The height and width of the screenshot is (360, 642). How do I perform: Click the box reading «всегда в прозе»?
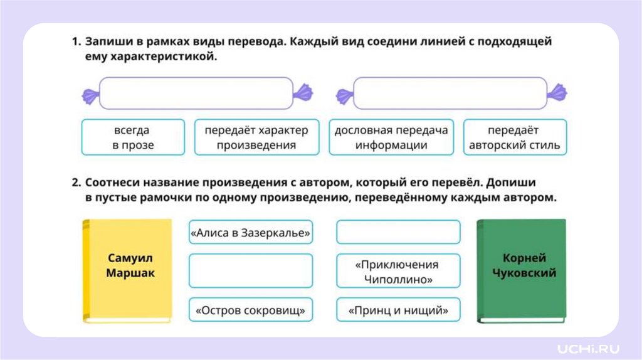pyautogui.click(x=133, y=138)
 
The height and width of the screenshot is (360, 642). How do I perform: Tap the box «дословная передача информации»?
pyautogui.click(x=391, y=138)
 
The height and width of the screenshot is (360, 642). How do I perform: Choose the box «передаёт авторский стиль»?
pyautogui.click(x=514, y=138)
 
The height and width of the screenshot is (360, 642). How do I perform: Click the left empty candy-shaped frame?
pyautogui.click(x=196, y=93)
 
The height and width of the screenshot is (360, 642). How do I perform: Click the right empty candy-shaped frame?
pyautogui.click(x=450, y=93)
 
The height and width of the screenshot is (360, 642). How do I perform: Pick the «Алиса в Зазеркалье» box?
pyautogui.click(x=250, y=233)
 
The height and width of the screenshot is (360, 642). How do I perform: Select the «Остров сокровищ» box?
pyautogui.click(x=250, y=310)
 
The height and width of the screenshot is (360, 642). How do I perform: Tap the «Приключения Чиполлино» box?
pyautogui.click(x=398, y=271)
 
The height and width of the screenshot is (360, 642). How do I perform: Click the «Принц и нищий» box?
pyautogui.click(x=398, y=310)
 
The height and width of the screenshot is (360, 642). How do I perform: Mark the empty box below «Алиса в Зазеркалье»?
pyautogui.click(x=250, y=271)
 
